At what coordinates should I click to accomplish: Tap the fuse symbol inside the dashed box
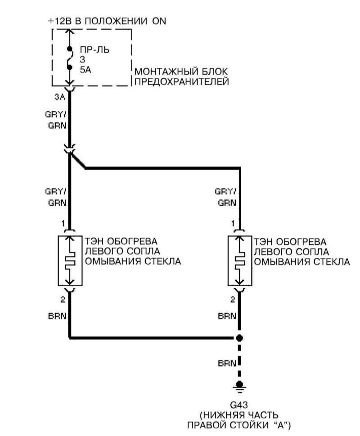(x=69, y=58)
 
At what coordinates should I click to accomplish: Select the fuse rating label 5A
(x=85, y=70)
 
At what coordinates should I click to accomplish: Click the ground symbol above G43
(x=240, y=385)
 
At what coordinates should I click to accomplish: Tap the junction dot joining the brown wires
(x=240, y=337)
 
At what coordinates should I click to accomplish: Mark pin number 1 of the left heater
(x=64, y=223)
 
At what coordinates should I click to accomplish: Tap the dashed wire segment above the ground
(x=240, y=360)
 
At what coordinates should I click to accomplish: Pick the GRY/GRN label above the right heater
(x=227, y=197)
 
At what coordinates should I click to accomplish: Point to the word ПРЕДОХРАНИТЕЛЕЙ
(x=182, y=82)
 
